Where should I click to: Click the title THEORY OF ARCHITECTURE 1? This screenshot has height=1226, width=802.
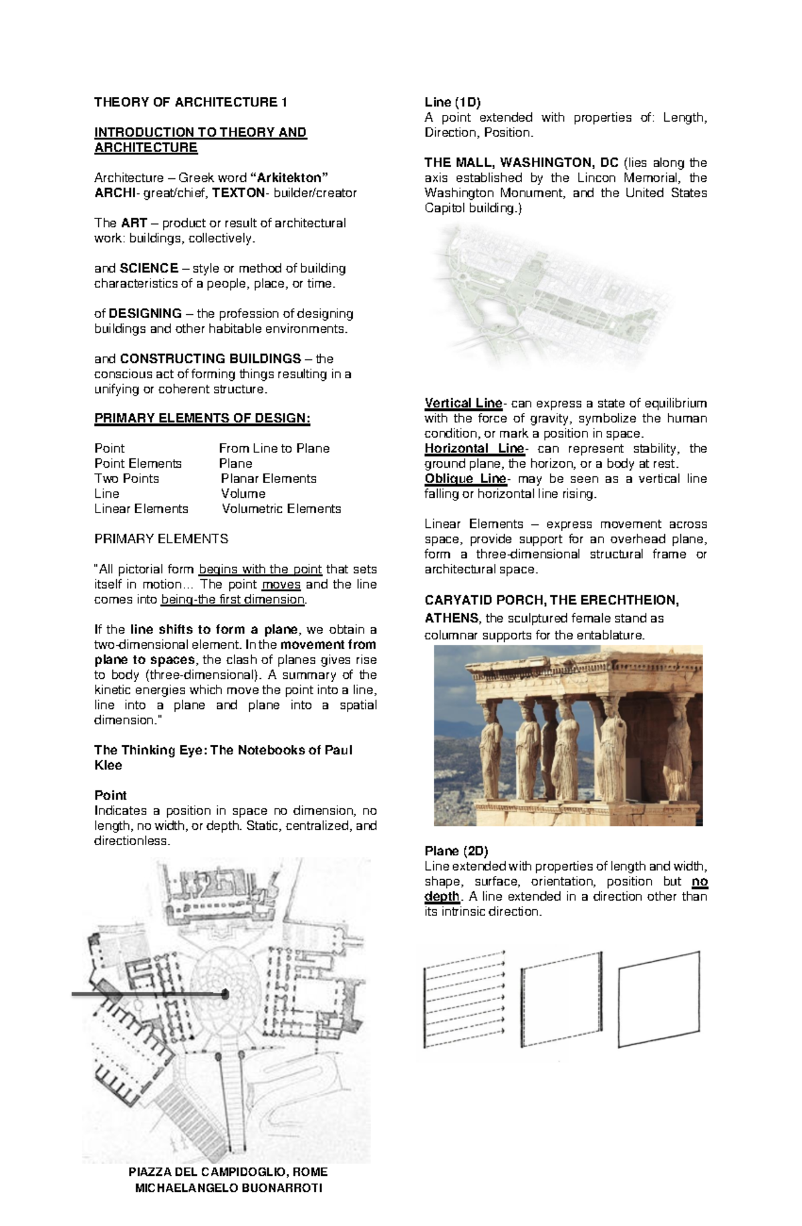click(190, 102)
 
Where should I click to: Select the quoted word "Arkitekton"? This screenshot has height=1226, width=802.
click(289, 178)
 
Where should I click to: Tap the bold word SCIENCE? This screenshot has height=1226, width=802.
click(148, 269)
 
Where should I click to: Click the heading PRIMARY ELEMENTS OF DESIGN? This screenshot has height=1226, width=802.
click(202, 419)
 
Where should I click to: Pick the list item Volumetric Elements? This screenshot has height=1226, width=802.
click(281, 509)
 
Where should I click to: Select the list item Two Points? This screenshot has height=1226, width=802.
click(126, 479)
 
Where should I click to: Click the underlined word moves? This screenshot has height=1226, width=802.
click(281, 585)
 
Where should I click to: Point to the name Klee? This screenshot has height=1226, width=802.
click(108, 766)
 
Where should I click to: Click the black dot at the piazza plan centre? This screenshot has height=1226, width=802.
click(225, 995)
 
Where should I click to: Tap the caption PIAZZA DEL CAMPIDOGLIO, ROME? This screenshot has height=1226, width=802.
click(228, 1172)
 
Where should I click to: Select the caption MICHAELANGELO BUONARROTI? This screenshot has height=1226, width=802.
click(228, 1188)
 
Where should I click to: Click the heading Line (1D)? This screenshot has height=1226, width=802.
click(452, 102)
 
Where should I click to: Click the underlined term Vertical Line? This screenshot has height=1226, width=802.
click(463, 404)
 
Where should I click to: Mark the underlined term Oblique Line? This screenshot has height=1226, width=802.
click(465, 479)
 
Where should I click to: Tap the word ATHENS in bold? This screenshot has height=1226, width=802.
click(451, 617)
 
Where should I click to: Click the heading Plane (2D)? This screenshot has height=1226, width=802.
click(456, 851)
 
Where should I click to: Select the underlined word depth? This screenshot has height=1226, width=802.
click(442, 897)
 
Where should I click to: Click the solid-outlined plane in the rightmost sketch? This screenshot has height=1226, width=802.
click(658, 999)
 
